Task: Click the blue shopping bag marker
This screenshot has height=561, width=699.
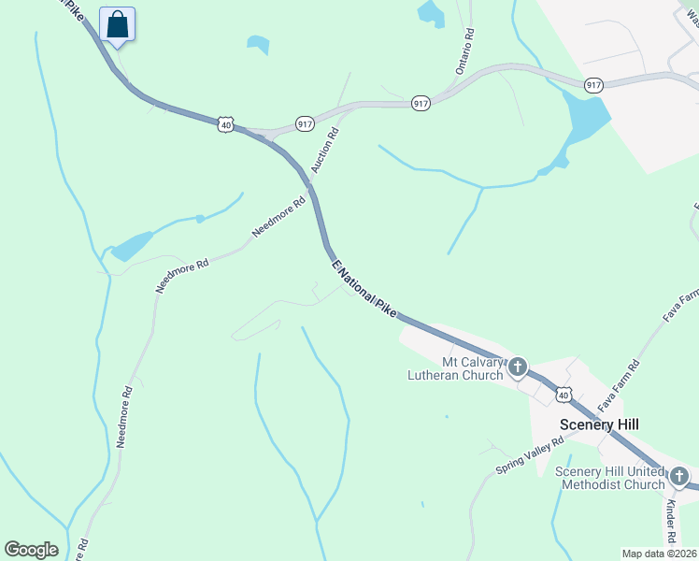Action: [x=117, y=23]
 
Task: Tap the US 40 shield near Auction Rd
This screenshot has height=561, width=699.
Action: [x=224, y=123]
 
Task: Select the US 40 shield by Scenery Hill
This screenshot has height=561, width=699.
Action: [x=562, y=396]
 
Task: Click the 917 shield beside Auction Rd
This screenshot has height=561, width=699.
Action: [x=305, y=123]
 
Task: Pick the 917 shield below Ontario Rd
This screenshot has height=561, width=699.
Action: [x=421, y=103]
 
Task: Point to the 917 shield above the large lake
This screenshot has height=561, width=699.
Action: [x=592, y=85]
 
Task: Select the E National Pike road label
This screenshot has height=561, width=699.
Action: [x=366, y=290]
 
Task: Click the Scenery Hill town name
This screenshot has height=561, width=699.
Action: [x=599, y=424]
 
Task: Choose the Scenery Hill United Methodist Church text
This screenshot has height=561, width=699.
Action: [x=609, y=477]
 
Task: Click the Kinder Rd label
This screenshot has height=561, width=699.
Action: [x=670, y=522]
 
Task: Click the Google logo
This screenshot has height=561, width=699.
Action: [x=31, y=550]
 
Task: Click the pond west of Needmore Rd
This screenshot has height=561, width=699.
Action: [x=131, y=246]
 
